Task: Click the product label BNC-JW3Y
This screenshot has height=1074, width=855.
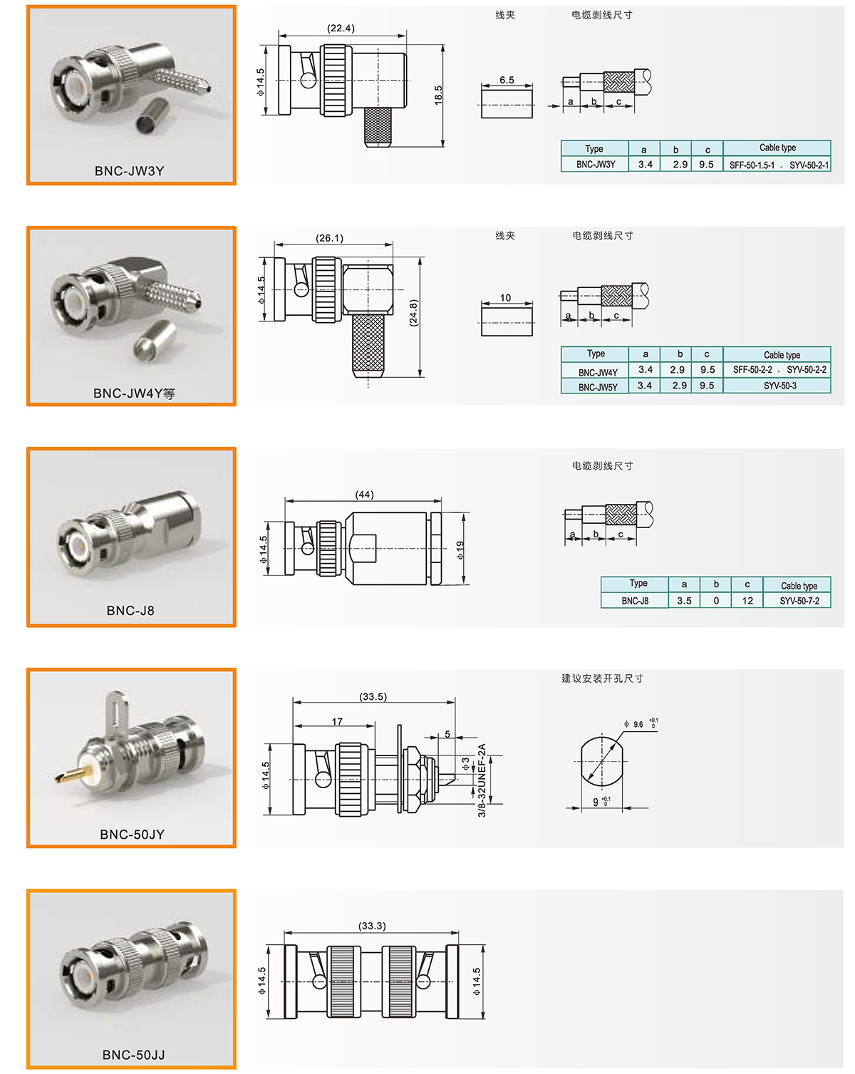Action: (x=129, y=170)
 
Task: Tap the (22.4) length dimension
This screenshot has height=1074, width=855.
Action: (x=341, y=28)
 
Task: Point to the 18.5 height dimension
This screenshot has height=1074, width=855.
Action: (x=438, y=95)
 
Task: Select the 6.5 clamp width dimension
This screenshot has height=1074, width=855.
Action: (x=507, y=80)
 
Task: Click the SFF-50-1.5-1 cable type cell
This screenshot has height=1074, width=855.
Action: (x=752, y=165)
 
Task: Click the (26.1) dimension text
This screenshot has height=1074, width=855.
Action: (x=329, y=238)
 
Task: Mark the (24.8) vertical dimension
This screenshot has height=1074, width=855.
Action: (x=413, y=313)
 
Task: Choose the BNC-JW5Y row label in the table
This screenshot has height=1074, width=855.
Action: (x=598, y=387)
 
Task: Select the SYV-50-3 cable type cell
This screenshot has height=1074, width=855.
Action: (x=779, y=386)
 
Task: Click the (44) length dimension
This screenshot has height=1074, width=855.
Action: (x=364, y=494)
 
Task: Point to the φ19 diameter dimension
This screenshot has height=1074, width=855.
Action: (x=460, y=550)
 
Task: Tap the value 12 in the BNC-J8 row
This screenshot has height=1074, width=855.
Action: (x=747, y=600)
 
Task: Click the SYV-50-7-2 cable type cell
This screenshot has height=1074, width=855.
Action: (x=799, y=601)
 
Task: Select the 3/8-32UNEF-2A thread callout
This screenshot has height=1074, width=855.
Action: (x=482, y=780)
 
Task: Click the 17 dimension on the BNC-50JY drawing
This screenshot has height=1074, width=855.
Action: (x=338, y=722)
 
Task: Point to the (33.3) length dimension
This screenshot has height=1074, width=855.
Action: (x=372, y=926)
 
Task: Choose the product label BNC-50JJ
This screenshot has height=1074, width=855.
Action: (x=133, y=1055)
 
